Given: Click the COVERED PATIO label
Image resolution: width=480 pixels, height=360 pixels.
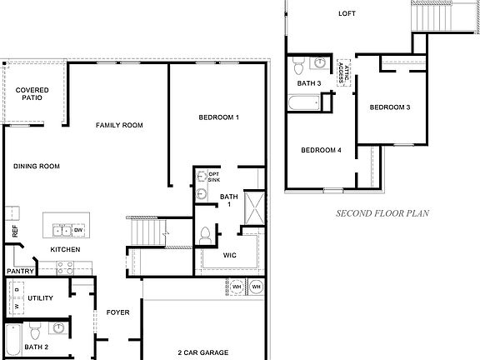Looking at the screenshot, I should point(32,93).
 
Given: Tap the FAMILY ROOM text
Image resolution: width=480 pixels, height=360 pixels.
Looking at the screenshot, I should point(119,125).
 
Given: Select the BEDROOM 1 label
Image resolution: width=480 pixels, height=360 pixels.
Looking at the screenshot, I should point(218,117).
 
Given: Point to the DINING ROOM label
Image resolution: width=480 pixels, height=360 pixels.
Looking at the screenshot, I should point(37,167).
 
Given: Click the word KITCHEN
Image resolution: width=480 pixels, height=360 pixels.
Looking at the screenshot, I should point(65,250).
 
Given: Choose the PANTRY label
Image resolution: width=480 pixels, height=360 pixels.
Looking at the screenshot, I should point(19,271).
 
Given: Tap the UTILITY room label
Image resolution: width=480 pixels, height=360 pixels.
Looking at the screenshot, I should point(41,297).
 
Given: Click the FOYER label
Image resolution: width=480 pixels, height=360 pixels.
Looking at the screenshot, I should point(117,312).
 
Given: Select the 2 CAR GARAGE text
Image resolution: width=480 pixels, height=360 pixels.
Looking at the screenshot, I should point(202,352).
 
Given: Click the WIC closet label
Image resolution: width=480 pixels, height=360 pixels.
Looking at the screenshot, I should point(230,256).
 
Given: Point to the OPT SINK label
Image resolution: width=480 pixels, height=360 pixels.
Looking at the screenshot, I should point(213,177).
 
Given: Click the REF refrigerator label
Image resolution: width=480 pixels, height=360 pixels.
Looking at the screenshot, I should point(14,230).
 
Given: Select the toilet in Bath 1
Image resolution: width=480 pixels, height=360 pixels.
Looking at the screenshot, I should point(206,236).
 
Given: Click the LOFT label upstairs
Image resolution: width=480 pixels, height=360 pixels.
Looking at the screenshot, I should point(347,13).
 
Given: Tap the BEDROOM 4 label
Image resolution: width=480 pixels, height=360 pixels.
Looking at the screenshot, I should point(321,150).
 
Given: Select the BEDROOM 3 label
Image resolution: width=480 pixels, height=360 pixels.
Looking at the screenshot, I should point(390,107).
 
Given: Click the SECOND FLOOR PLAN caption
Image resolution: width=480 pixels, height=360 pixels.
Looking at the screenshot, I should point(382,213).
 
